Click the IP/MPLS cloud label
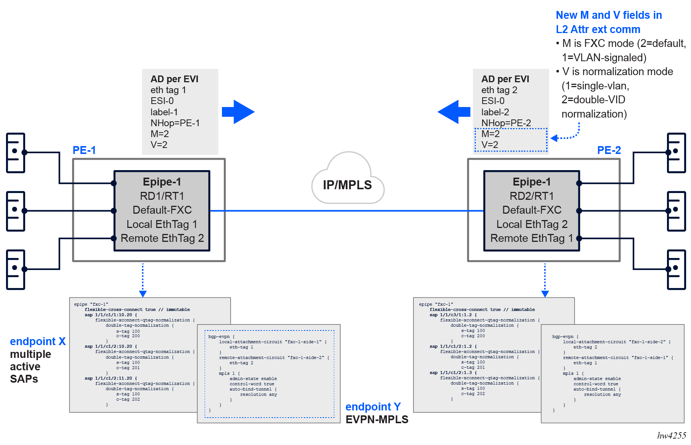tap(347, 185)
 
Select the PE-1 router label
tap(84, 150)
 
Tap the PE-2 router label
tap(609, 150)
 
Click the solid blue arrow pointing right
tap(238, 112)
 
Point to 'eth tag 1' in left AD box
tap(168, 90)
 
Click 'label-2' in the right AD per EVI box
tap(495, 112)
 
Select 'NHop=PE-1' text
tap(175, 123)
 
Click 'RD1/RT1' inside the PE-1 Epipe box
tap(162, 196)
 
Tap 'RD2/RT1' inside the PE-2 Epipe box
tap(531, 196)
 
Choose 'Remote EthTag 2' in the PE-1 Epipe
tap(162, 238)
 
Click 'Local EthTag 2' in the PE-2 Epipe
tap(531, 224)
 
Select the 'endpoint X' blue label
tap(38, 341)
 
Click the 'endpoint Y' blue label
tap(373, 407)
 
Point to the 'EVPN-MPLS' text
tap(377, 419)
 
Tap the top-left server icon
tap(16, 153)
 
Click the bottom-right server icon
tap(676, 270)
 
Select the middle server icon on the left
tap(16, 211)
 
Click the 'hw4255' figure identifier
tap(671, 436)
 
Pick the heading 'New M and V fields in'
tap(608, 15)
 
